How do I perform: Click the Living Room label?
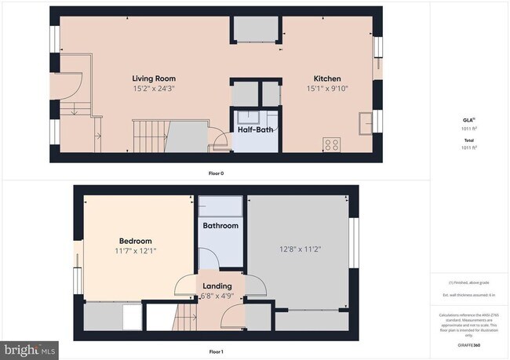click(x=153, y=78)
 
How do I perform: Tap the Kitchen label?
click(x=327, y=78)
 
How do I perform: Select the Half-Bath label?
click(x=256, y=129)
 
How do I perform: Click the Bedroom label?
click(x=135, y=241)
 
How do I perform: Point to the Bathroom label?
click(x=220, y=226)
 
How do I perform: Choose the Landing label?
click(x=217, y=286)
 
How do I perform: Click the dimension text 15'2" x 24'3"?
click(x=153, y=89)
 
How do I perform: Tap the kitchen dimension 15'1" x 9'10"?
click(x=327, y=89)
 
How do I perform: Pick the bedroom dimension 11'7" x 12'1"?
click(x=135, y=251)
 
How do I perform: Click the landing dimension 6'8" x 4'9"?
click(x=217, y=296)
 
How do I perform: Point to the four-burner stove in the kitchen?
click(x=332, y=144)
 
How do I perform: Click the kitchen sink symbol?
click(x=366, y=124)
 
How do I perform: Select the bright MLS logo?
click(x=29, y=347)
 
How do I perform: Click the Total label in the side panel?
click(x=468, y=140)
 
